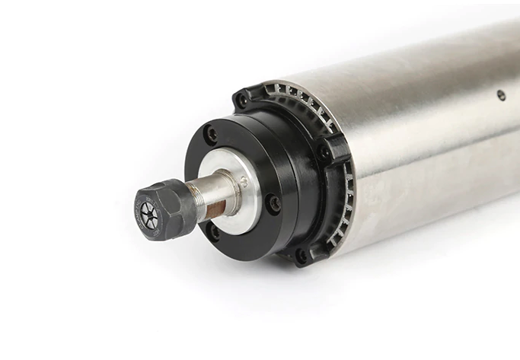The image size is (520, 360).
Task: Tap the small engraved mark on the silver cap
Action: [x=244, y=181]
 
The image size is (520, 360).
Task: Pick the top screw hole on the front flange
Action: [x=212, y=134]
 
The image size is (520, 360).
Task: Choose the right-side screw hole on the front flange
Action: [x=271, y=202]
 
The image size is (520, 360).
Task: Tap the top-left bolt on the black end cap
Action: [x=242, y=99]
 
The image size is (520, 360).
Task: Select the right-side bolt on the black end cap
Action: [x=325, y=153]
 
